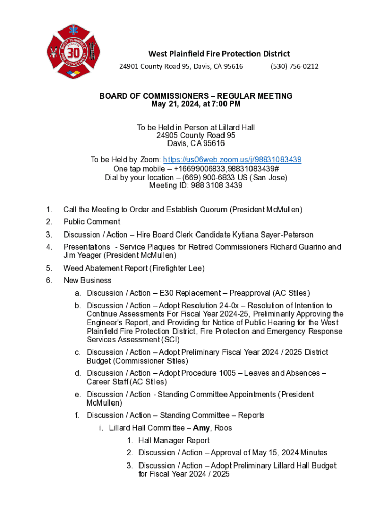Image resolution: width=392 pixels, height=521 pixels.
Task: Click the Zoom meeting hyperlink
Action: click(232, 160)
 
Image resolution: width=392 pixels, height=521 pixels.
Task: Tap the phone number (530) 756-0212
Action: click(295, 66)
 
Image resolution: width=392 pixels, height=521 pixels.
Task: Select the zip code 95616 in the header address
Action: click(232, 66)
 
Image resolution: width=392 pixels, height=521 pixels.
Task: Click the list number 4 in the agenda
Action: click(49, 247)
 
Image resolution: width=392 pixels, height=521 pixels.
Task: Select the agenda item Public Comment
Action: click(92, 222)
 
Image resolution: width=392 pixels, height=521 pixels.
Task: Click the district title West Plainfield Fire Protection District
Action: click(219, 54)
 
